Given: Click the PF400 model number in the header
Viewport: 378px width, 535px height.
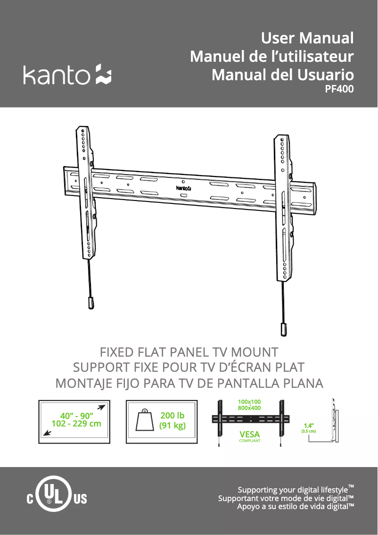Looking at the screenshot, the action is pyautogui.click(x=339, y=89).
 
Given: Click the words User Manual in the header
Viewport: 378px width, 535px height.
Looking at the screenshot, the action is pyautogui.click(x=307, y=38).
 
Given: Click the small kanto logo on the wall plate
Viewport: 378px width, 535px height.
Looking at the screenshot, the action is pyautogui.click(x=184, y=188).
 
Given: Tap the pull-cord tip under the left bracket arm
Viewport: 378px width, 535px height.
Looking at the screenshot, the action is pyautogui.click(x=91, y=303).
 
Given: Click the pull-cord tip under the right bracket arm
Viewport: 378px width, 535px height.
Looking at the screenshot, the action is pyautogui.click(x=284, y=330).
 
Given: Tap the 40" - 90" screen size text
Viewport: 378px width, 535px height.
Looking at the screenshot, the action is pyautogui.click(x=77, y=416).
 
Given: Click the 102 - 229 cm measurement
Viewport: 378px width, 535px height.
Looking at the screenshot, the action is pyautogui.click(x=76, y=424).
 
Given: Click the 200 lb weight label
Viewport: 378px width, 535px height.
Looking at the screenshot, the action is pyautogui.click(x=173, y=415).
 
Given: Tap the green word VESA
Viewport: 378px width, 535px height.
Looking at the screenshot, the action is pyautogui.click(x=249, y=435).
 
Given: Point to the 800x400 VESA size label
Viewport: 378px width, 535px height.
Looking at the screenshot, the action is pyautogui.click(x=249, y=408).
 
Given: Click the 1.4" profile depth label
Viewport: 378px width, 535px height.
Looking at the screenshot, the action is pyautogui.click(x=309, y=426).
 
